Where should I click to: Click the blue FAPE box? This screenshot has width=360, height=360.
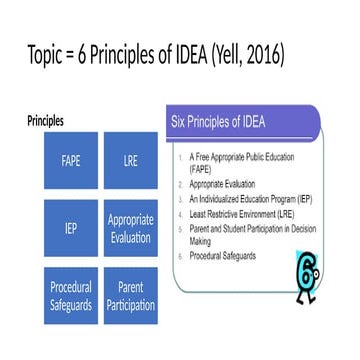[71, 161]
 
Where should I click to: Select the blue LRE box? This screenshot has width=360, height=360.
[130, 161]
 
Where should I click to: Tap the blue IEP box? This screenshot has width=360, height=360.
[71, 228]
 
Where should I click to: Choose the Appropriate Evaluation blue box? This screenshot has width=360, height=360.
[130, 228]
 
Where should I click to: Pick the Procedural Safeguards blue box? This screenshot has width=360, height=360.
[71, 295]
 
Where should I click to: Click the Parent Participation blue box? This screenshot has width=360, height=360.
[130, 295]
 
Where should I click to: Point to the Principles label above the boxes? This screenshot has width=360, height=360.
[45, 121]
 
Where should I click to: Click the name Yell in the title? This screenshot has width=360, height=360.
[220, 51]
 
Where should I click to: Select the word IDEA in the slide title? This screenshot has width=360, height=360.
[175, 51]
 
